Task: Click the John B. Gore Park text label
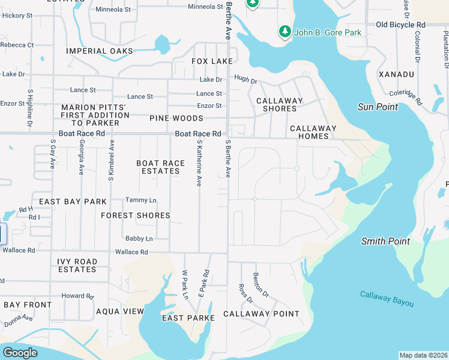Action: click(x=328, y=32)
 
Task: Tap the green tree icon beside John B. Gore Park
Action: click(x=285, y=31)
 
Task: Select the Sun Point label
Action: click(x=378, y=107)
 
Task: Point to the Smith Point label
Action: click(x=385, y=241)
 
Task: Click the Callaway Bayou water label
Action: click(x=387, y=298)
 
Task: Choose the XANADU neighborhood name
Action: click(x=396, y=74)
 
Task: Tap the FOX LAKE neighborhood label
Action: click(x=212, y=61)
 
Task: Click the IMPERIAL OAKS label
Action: click(x=100, y=51)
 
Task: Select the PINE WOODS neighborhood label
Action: click(x=176, y=118)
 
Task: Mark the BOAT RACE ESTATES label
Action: click(x=158, y=167)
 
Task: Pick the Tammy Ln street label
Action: click(x=140, y=200)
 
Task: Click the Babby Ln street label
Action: click(x=139, y=238)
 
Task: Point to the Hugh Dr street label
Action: click(x=246, y=79)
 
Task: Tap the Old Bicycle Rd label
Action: click(x=400, y=25)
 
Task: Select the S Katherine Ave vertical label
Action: click(x=199, y=163)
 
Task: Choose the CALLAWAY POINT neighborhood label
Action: click(x=261, y=314)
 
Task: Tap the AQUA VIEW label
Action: click(x=120, y=311)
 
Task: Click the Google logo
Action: click(x=20, y=353)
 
